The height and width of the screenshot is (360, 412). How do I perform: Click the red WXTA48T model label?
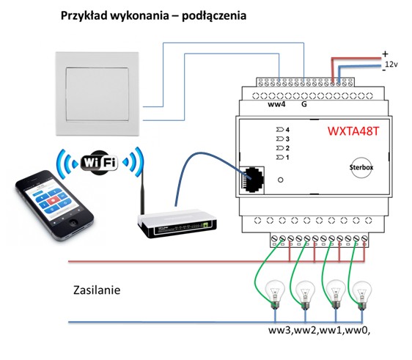(353, 131)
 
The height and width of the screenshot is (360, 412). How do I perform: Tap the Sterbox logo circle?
(361, 167)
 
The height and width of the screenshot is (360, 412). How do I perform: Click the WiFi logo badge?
(99, 162)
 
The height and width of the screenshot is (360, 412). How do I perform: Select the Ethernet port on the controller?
(252, 180)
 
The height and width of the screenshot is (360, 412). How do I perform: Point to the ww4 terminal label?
(276, 104)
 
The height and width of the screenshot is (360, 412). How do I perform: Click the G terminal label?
(304, 104)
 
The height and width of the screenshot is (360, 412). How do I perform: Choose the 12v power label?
(391, 64)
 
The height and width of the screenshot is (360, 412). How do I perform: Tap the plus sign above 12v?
(385, 54)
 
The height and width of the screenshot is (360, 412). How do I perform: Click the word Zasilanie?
(97, 290)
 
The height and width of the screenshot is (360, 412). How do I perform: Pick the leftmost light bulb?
(275, 294)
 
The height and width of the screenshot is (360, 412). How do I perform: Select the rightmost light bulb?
(362, 295)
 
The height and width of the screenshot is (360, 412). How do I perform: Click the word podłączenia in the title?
(214, 16)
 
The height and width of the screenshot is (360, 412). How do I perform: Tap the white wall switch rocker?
(98, 94)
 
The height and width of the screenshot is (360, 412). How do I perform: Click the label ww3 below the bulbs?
(279, 330)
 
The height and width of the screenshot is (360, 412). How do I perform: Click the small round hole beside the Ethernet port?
(281, 180)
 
